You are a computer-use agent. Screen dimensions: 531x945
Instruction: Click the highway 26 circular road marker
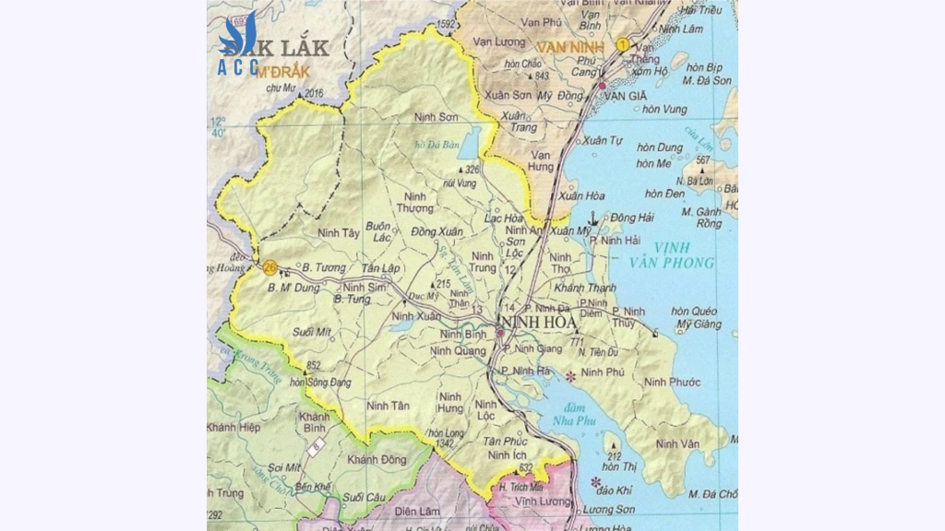269,268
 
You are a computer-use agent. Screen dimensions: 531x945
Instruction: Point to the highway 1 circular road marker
624,44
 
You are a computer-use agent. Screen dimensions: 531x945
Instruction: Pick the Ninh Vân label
678,444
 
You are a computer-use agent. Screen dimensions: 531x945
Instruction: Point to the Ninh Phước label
673,382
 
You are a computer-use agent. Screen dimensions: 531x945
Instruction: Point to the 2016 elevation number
314,92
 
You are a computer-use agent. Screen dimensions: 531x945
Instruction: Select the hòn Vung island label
664,109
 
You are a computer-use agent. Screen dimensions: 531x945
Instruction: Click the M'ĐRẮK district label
282,71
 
